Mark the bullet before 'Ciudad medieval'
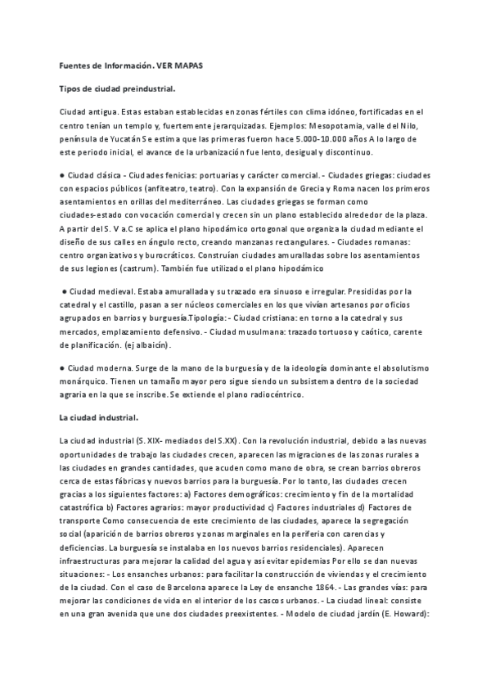pos(65,291)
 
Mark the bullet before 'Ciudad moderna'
pos(62,368)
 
